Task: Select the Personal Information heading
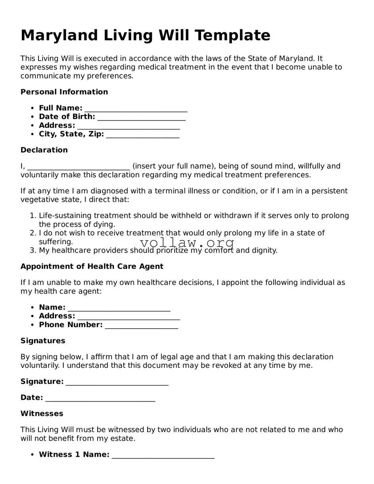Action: click(x=64, y=92)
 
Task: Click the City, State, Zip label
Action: click(x=71, y=134)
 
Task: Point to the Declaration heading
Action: click(x=44, y=150)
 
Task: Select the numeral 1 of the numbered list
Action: click(x=33, y=216)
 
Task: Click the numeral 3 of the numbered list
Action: click(x=33, y=251)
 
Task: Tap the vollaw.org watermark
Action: click(x=187, y=242)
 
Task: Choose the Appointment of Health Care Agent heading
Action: click(x=92, y=266)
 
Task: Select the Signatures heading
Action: click(x=43, y=341)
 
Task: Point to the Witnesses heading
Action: click(x=42, y=414)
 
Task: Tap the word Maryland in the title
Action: click(x=59, y=36)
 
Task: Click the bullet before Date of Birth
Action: click(x=32, y=117)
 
